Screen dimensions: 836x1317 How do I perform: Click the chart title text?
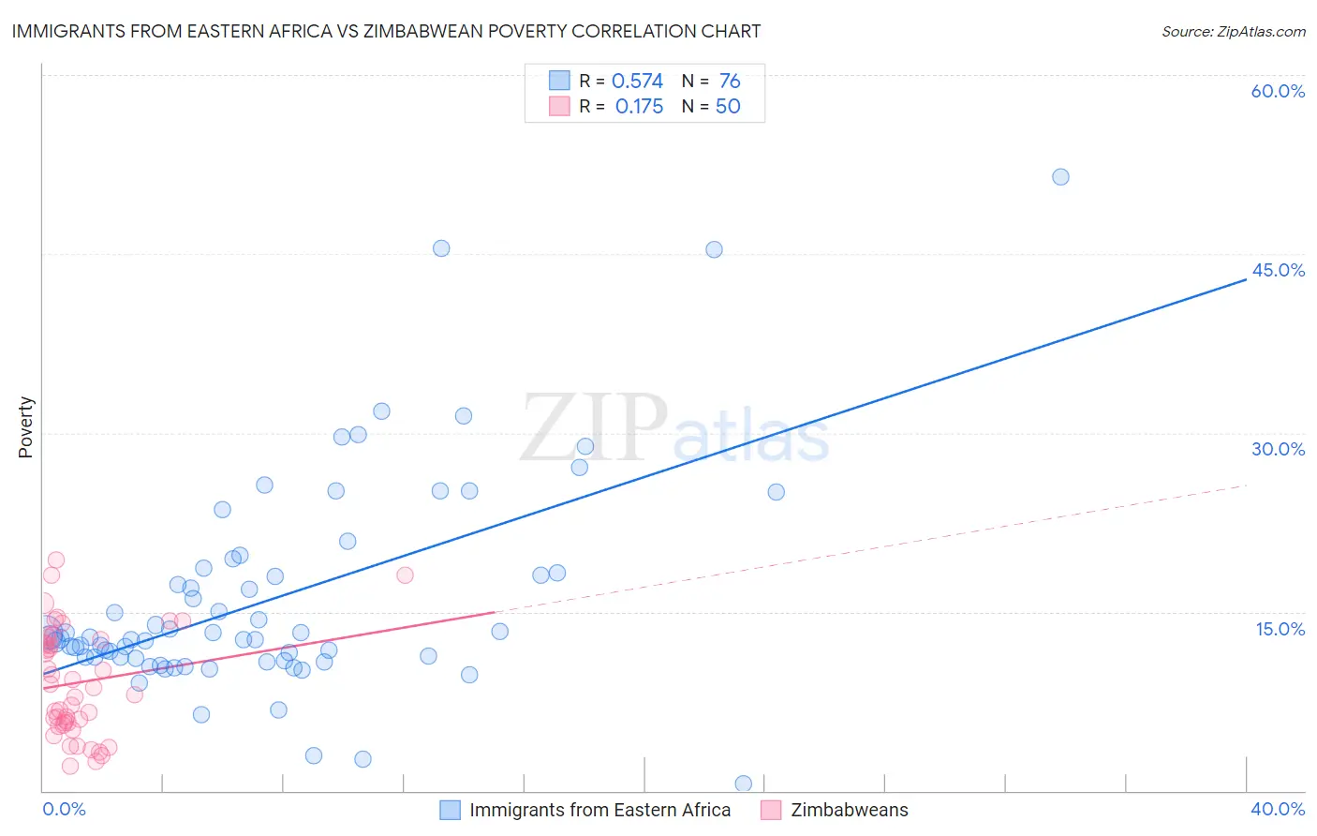click(x=386, y=31)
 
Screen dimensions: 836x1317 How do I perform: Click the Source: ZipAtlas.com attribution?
click(x=1233, y=31)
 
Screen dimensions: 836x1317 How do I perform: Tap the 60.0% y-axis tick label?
click(x=1278, y=91)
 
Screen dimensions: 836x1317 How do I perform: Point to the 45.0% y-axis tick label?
click(x=1278, y=270)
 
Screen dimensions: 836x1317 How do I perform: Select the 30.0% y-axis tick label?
click(x=1278, y=449)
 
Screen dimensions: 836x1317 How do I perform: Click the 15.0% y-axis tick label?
click(x=1280, y=628)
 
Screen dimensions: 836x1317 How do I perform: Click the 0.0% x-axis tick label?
click(x=64, y=809)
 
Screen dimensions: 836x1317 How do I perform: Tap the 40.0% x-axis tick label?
click(x=1278, y=809)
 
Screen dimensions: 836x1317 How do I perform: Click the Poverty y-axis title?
click(x=25, y=426)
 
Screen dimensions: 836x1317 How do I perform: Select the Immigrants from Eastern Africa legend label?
click(x=599, y=810)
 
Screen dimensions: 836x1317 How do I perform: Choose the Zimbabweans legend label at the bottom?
click(x=849, y=810)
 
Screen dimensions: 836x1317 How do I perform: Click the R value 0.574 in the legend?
click(x=637, y=82)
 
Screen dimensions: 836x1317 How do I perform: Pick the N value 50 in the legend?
click(x=728, y=107)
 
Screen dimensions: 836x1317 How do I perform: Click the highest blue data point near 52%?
click(x=1060, y=177)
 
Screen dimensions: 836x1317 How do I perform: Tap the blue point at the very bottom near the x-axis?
click(x=744, y=784)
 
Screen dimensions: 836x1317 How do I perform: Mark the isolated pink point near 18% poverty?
click(x=405, y=575)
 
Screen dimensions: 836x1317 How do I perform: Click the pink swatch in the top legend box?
click(x=559, y=106)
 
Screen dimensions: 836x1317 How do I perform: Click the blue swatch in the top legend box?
click(x=559, y=81)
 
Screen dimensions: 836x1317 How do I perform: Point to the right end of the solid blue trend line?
click(x=1246, y=279)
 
